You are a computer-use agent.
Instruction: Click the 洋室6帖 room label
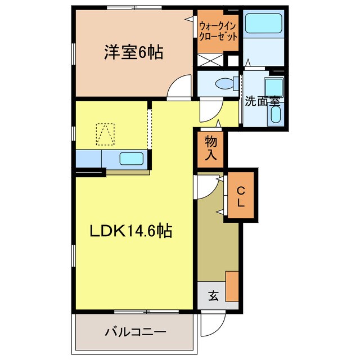point(133,53)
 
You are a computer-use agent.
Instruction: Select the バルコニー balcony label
point(134,332)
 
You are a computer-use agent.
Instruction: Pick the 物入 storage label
point(211,148)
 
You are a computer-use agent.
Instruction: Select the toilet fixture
point(226,83)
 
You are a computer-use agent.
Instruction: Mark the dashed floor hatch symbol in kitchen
point(105,134)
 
